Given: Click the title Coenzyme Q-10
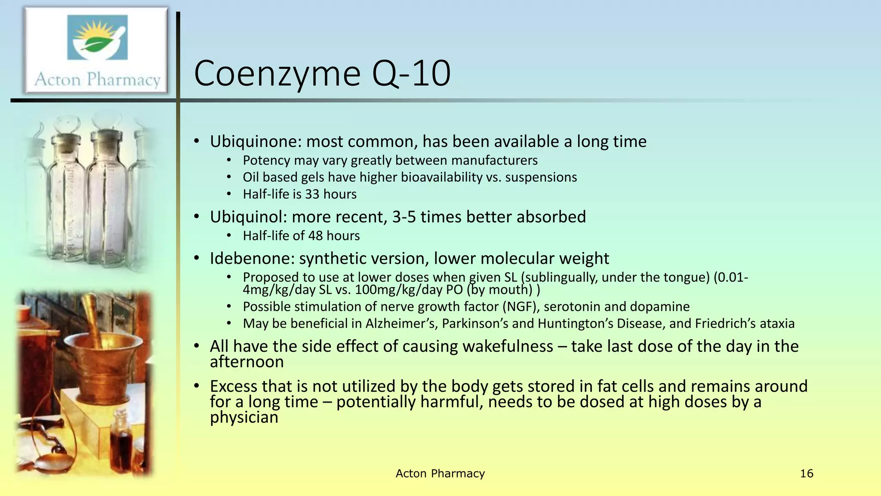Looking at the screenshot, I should [322, 74].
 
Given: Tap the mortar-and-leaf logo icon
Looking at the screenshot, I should [98, 38].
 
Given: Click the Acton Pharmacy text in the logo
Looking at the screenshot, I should [98, 80].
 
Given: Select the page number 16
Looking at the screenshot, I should [807, 474].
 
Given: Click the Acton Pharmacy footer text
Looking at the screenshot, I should [440, 474].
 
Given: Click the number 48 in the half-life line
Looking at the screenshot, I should [315, 236].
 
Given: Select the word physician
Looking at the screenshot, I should [244, 417].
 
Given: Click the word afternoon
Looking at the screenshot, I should [247, 362].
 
